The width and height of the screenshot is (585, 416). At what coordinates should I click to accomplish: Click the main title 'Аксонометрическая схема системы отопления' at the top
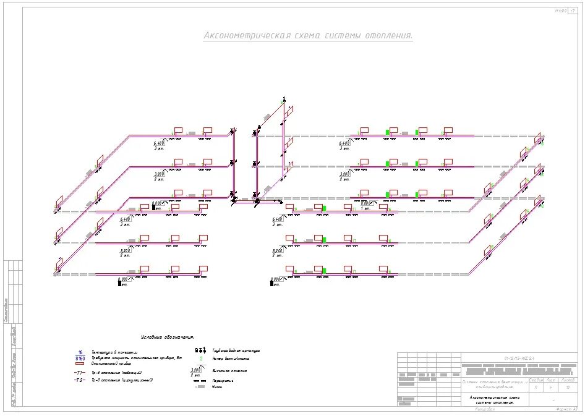pos(308,36)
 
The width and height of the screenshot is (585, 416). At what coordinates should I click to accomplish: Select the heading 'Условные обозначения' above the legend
pos(167,337)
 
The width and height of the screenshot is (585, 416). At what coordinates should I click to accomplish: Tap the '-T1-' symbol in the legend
pos(79,373)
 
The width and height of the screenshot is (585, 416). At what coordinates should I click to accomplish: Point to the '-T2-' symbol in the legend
pos(79,380)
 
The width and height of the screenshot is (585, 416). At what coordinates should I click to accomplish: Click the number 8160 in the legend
pos(80,358)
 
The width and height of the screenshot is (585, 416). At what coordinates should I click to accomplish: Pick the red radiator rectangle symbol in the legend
pos(80,364)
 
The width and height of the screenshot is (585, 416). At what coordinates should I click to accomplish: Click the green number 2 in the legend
pos(200,359)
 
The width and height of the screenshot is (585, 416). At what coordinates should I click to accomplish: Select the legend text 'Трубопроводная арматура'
pos(236,350)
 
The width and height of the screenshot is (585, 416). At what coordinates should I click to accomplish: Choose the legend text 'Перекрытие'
pos(222,381)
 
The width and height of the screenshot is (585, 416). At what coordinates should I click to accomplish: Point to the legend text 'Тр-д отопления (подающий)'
pos(117,373)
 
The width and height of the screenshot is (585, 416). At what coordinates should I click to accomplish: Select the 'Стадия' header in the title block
pos(536,380)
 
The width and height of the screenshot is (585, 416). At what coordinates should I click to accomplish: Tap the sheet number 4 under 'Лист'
pos(550,388)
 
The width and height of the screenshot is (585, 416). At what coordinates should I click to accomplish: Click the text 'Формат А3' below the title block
pos(566,409)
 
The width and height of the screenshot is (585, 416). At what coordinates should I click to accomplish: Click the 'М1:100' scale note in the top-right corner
pos(560,11)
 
